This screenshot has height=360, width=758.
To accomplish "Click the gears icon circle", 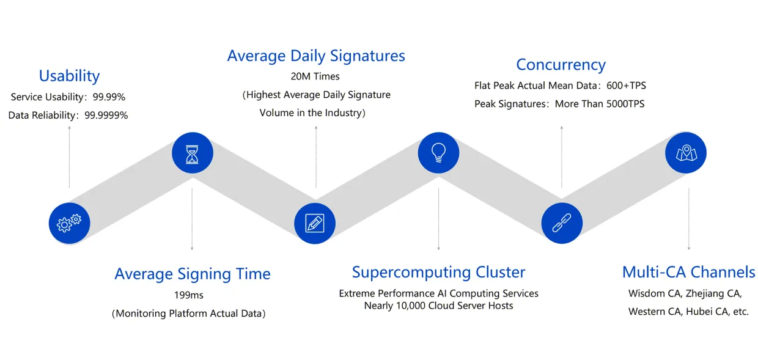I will click(x=69, y=223).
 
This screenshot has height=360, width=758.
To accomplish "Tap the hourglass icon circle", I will click(x=193, y=153).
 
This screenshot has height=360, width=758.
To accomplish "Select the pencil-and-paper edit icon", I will click(x=315, y=223).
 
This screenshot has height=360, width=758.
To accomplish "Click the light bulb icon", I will click(x=438, y=153).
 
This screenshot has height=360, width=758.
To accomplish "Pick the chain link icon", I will click(x=562, y=223).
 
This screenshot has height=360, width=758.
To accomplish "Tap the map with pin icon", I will click(x=685, y=153).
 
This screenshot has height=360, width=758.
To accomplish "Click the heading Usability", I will click(x=69, y=76).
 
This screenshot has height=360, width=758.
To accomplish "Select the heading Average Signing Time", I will click(x=193, y=274).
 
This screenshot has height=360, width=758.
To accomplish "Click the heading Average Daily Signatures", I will click(x=316, y=56).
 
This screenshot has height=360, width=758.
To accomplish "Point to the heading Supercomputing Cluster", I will click(x=438, y=272).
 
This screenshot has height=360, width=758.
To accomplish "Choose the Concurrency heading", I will click(x=561, y=65).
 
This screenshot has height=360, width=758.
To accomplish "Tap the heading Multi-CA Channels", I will click(x=688, y=272).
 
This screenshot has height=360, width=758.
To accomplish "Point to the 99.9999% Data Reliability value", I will click(x=106, y=115).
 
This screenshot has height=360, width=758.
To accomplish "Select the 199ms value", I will click(x=189, y=295).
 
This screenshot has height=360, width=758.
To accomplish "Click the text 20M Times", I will click(x=315, y=76).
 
